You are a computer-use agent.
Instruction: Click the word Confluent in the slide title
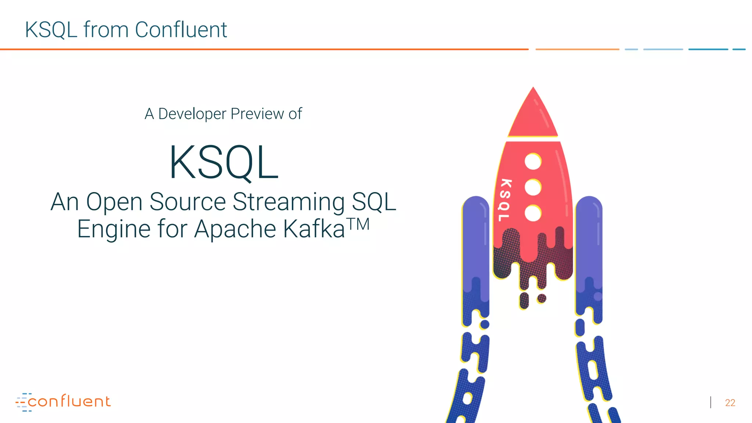181,30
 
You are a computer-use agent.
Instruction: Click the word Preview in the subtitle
257,114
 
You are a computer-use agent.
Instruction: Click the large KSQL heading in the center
224,163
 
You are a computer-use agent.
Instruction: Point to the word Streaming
289,203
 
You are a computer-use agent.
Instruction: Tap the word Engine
114,229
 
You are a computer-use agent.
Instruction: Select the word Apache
235,229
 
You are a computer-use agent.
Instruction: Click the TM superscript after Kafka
358,224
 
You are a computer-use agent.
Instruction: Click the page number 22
730,403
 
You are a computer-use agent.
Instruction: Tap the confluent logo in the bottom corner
63,402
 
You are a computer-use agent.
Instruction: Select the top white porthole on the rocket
533,162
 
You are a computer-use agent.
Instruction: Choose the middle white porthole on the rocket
533,187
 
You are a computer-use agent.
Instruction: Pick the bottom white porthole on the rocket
533,213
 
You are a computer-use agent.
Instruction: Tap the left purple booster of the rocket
476,242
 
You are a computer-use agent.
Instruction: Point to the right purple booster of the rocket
589,242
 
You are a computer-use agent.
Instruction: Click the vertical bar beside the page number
711,402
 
